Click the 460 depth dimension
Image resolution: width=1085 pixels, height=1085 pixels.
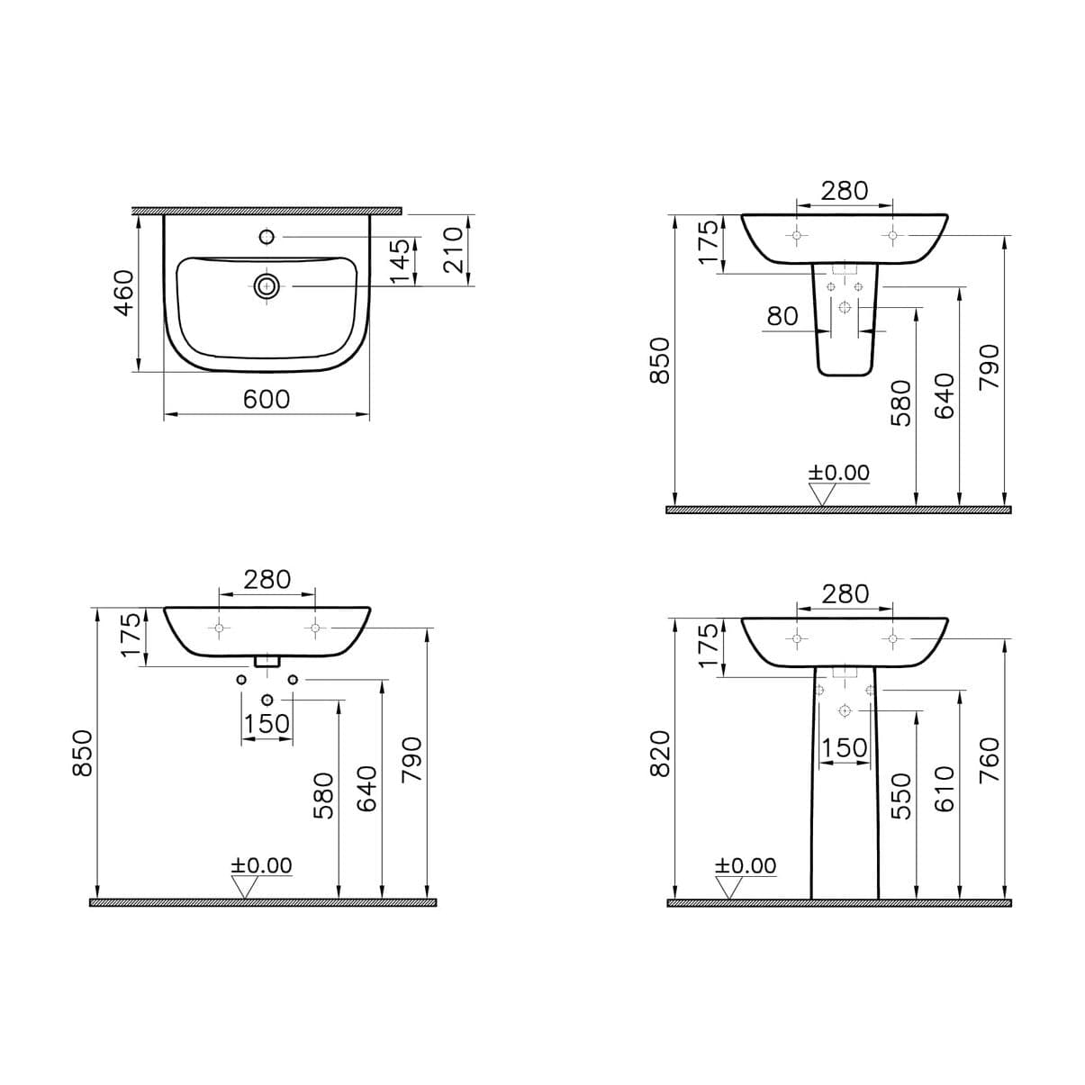coord(123,292)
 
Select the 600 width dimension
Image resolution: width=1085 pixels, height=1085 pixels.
coord(267,398)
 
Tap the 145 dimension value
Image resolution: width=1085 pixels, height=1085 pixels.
coord(401,260)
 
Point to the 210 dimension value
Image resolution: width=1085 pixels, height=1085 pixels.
coord(452,249)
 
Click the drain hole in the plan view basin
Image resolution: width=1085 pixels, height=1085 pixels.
coord(267,286)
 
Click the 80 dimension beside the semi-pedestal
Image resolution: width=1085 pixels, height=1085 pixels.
coord(782,315)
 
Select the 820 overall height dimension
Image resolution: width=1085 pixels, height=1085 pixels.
coord(660,753)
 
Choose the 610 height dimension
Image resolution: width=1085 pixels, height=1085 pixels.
coord(945,789)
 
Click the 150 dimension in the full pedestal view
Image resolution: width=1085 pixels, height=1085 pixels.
coord(844,748)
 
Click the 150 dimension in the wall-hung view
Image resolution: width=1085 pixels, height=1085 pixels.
coord(267,723)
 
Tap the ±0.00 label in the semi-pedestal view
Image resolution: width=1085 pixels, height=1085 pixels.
coord(838,473)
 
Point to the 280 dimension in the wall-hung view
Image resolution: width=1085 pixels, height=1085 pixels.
coord(267,579)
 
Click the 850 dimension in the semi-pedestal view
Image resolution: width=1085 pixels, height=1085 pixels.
coord(660,360)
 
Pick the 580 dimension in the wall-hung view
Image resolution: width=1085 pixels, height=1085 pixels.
coord(323,795)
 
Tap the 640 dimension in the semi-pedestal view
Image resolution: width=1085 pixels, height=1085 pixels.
coord(945,395)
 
